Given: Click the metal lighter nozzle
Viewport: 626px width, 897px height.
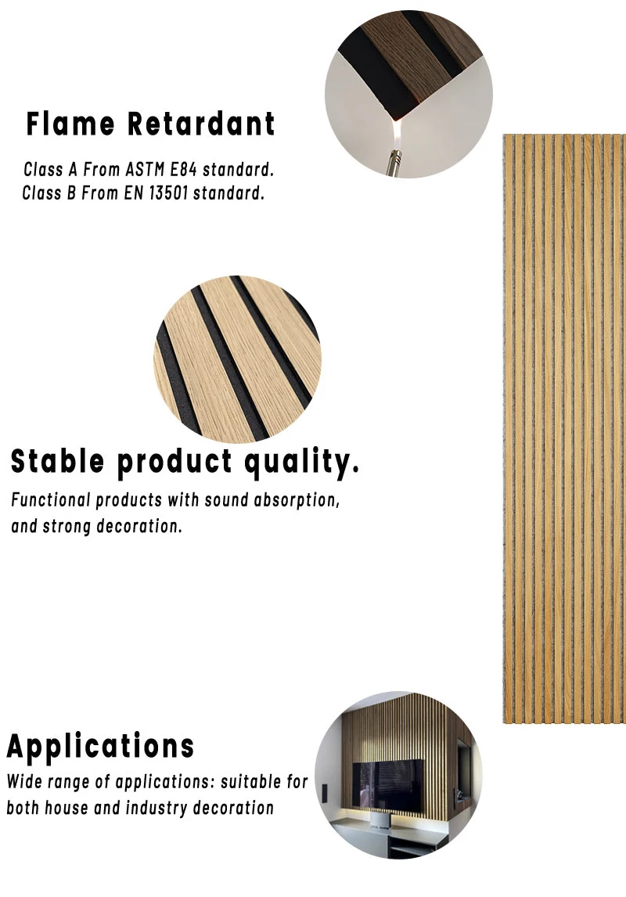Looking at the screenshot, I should coord(393,159).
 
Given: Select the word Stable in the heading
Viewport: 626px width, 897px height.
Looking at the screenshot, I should coord(57,462).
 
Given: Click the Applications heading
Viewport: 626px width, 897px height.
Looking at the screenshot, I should coord(100,747).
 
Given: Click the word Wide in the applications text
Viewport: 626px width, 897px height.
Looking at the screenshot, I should coord(24,782).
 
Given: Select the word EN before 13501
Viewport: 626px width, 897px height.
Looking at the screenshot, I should coord(131,193).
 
